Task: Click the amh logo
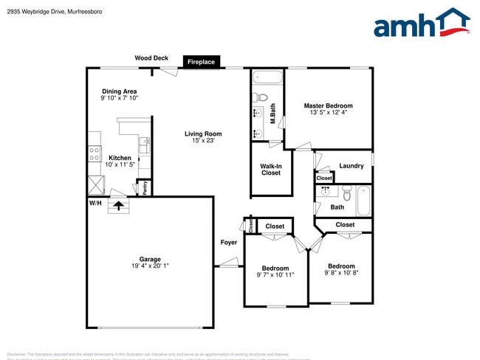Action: (422, 23)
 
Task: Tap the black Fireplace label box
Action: (201, 63)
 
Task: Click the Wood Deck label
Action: (151, 58)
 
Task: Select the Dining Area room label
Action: (119, 91)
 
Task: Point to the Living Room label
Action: (203, 134)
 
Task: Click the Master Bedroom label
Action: (328, 105)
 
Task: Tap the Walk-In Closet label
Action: (271, 170)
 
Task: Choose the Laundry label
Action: (351, 166)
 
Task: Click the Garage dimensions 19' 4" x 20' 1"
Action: (150, 266)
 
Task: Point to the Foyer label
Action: (228, 243)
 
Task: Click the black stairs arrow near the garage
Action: (118, 204)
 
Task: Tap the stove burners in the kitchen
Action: (95, 153)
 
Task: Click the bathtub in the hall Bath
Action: (364, 201)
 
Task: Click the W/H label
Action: (95, 202)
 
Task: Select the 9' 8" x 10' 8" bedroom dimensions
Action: (341, 273)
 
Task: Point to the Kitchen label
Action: (120, 158)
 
